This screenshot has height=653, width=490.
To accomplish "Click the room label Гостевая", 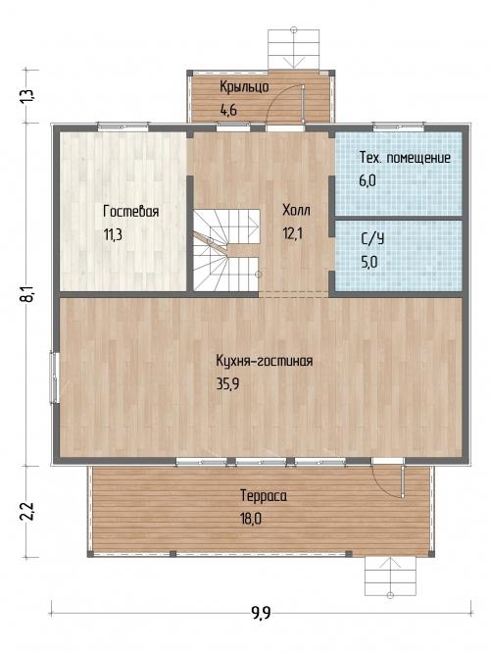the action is coord(130,211).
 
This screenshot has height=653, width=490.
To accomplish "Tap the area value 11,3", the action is coord(113,235).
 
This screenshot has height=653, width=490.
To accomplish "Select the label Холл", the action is coord(296,210).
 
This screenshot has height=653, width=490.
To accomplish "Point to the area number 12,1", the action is coord(293,233).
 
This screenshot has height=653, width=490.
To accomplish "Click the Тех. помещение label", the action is coord(405,158).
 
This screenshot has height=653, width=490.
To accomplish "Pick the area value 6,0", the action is coord(367,180).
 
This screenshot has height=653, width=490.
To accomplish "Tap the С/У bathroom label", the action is coord(372,238).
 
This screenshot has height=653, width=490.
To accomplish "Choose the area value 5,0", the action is coord(369,263).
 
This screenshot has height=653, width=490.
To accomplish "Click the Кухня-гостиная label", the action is coord(264,360).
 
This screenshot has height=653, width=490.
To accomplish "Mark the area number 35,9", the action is coord(227,383).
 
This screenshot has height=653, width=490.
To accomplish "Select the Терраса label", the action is coord(264,495).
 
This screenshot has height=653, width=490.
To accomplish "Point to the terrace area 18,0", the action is coord(251,519).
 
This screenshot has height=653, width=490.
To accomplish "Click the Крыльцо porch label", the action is coord(244,86).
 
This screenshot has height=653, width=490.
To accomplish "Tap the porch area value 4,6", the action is coord(228,111).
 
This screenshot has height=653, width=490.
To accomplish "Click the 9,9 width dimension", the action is coord(261,613).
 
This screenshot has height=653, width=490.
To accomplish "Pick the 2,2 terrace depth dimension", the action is coord(28,512).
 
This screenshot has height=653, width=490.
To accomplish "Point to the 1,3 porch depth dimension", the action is coord(29,96).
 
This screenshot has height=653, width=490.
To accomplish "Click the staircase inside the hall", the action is coord(226,250).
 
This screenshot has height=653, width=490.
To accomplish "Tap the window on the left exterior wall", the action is coord(55,377).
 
